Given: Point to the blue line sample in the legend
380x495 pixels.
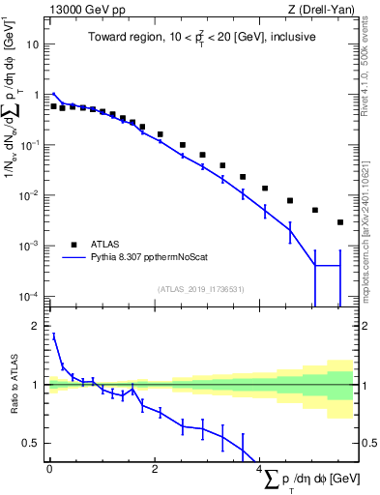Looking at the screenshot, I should [73, 258].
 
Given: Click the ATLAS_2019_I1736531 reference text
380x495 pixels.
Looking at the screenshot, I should [199, 288].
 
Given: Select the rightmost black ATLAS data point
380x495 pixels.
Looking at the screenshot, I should [340, 222].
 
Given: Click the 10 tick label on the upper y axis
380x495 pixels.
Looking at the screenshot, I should [34, 44].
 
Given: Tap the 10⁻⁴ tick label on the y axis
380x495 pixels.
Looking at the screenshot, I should [31, 295].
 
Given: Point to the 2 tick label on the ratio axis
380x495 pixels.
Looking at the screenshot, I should [37, 326].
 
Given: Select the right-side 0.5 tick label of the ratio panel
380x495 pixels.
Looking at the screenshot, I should [365, 443].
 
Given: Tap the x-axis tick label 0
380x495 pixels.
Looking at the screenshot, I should [49, 470].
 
